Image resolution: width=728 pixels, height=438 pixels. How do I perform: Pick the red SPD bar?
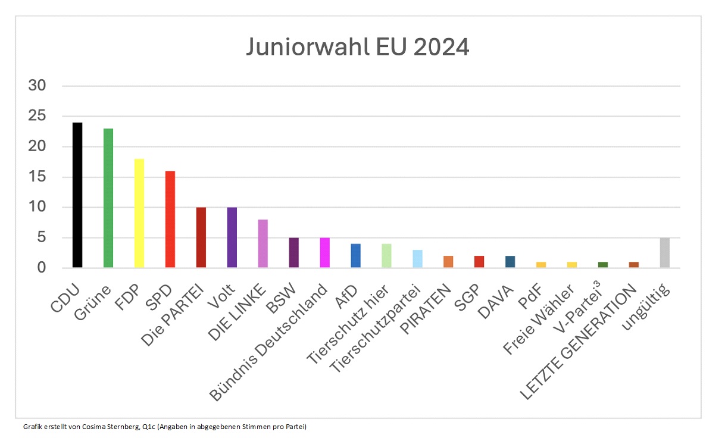tap(170, 220)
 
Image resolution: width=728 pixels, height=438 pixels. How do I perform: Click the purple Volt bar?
tap(232, 237)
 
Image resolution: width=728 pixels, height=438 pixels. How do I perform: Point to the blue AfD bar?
tap(356, 256)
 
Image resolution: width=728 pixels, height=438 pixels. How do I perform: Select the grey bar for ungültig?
tap(665, 253)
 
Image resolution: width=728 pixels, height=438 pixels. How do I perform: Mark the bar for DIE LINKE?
tap(263, 244)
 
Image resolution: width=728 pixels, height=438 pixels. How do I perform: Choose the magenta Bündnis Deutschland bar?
tap(325, 253)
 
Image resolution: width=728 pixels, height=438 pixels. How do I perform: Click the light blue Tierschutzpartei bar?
tap(418, 259)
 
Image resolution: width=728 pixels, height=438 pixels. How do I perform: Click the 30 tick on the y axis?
tap(37, 86)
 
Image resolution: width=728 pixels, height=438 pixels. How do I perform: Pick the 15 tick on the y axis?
tap(37, 177)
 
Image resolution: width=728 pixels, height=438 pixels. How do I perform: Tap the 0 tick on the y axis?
tap(41, 268)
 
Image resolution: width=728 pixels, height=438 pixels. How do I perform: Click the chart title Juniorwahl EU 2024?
tap(358, 47)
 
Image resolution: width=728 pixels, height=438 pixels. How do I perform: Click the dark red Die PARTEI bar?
tap(201, 237)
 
